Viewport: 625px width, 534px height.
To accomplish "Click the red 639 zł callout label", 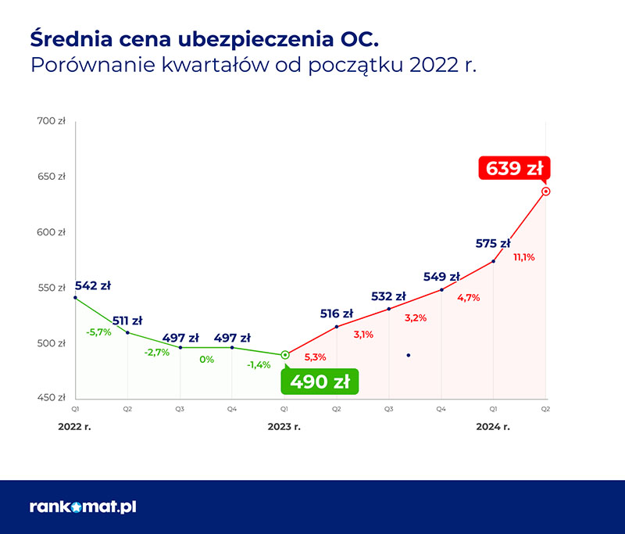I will click(x=514, y=169).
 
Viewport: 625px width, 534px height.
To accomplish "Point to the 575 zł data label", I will click(x=492, y=244).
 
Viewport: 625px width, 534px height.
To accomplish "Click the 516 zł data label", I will click(x=337, y=314).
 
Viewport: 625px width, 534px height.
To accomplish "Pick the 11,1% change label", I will click(x=523, y=257).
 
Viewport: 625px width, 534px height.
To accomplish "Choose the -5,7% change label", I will click(x=98, y=332).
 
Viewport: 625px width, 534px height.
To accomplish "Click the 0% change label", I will click(x=207, y=360).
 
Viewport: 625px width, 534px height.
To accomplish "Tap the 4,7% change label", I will click(x=469, y=297).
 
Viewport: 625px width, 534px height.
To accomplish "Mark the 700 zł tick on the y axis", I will click(x=52, y=121).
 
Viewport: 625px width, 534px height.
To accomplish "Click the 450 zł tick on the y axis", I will click(x=52, y=398).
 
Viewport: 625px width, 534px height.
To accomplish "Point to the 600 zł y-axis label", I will click(x=52, y=232).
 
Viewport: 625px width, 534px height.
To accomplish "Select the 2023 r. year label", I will click(x=284, y=427).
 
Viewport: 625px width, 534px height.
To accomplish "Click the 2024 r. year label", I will click(x=493, y=427).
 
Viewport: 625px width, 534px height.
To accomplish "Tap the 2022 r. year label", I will click(x=75, y=427).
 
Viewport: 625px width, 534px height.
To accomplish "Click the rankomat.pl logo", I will click(x=83, y=507).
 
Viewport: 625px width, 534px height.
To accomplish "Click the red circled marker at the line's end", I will click(x=545, y=191).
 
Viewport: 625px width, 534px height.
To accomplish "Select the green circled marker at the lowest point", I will click(x=285, y=355).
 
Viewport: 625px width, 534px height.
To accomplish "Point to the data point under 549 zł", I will click(x=441, y=290).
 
